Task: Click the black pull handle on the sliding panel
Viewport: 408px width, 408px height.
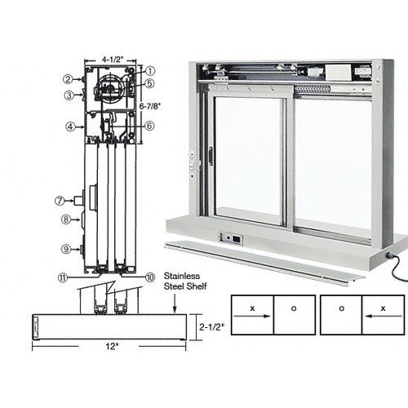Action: pos(209,156)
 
